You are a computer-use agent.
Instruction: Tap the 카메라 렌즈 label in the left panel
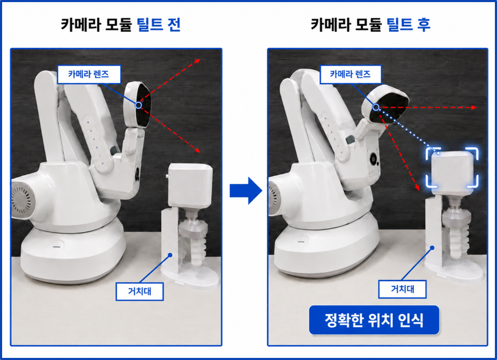[x=89, y=74]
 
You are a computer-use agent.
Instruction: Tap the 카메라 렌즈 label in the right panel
[x=350, y=74]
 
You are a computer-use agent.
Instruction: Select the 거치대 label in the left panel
[x=140, y=291]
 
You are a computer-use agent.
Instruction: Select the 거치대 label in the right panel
[x=402, y=289]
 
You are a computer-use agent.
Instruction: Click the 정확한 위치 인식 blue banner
[x=374, y=320]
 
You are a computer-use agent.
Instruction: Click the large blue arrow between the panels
[x=246, y=191]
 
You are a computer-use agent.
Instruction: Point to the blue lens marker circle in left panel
[x=138, y=105]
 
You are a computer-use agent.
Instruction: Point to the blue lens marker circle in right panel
[x=375, y=107]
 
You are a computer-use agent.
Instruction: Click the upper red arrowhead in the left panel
[x=197, y=61]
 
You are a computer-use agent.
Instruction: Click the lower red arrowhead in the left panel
[x=197, y=150]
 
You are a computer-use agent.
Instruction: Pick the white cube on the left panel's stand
[x=190, y=185]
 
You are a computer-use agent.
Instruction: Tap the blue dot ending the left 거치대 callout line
[x=170, y=255]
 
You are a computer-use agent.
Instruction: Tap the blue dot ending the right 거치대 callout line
[x=432, y=248]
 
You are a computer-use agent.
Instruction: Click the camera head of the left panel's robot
[x=137, y=105]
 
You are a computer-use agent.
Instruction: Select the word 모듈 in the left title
[x=118, y=24]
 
